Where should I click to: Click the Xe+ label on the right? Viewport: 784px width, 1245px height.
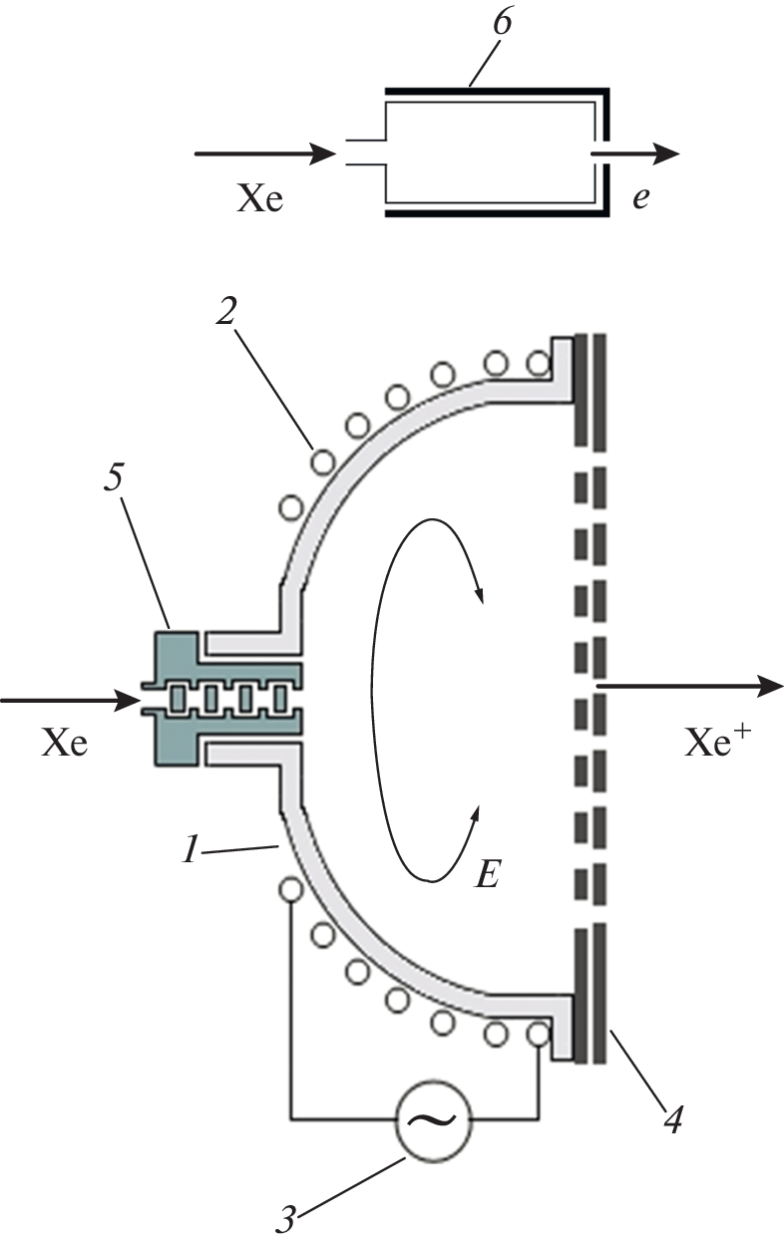point(716,744)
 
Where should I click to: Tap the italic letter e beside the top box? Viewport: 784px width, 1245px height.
point(641,197)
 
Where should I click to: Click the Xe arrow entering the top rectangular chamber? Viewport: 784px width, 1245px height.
point(269,154)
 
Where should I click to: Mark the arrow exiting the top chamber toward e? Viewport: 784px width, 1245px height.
point(638,154)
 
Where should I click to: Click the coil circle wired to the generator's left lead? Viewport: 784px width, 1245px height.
point(290,887)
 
